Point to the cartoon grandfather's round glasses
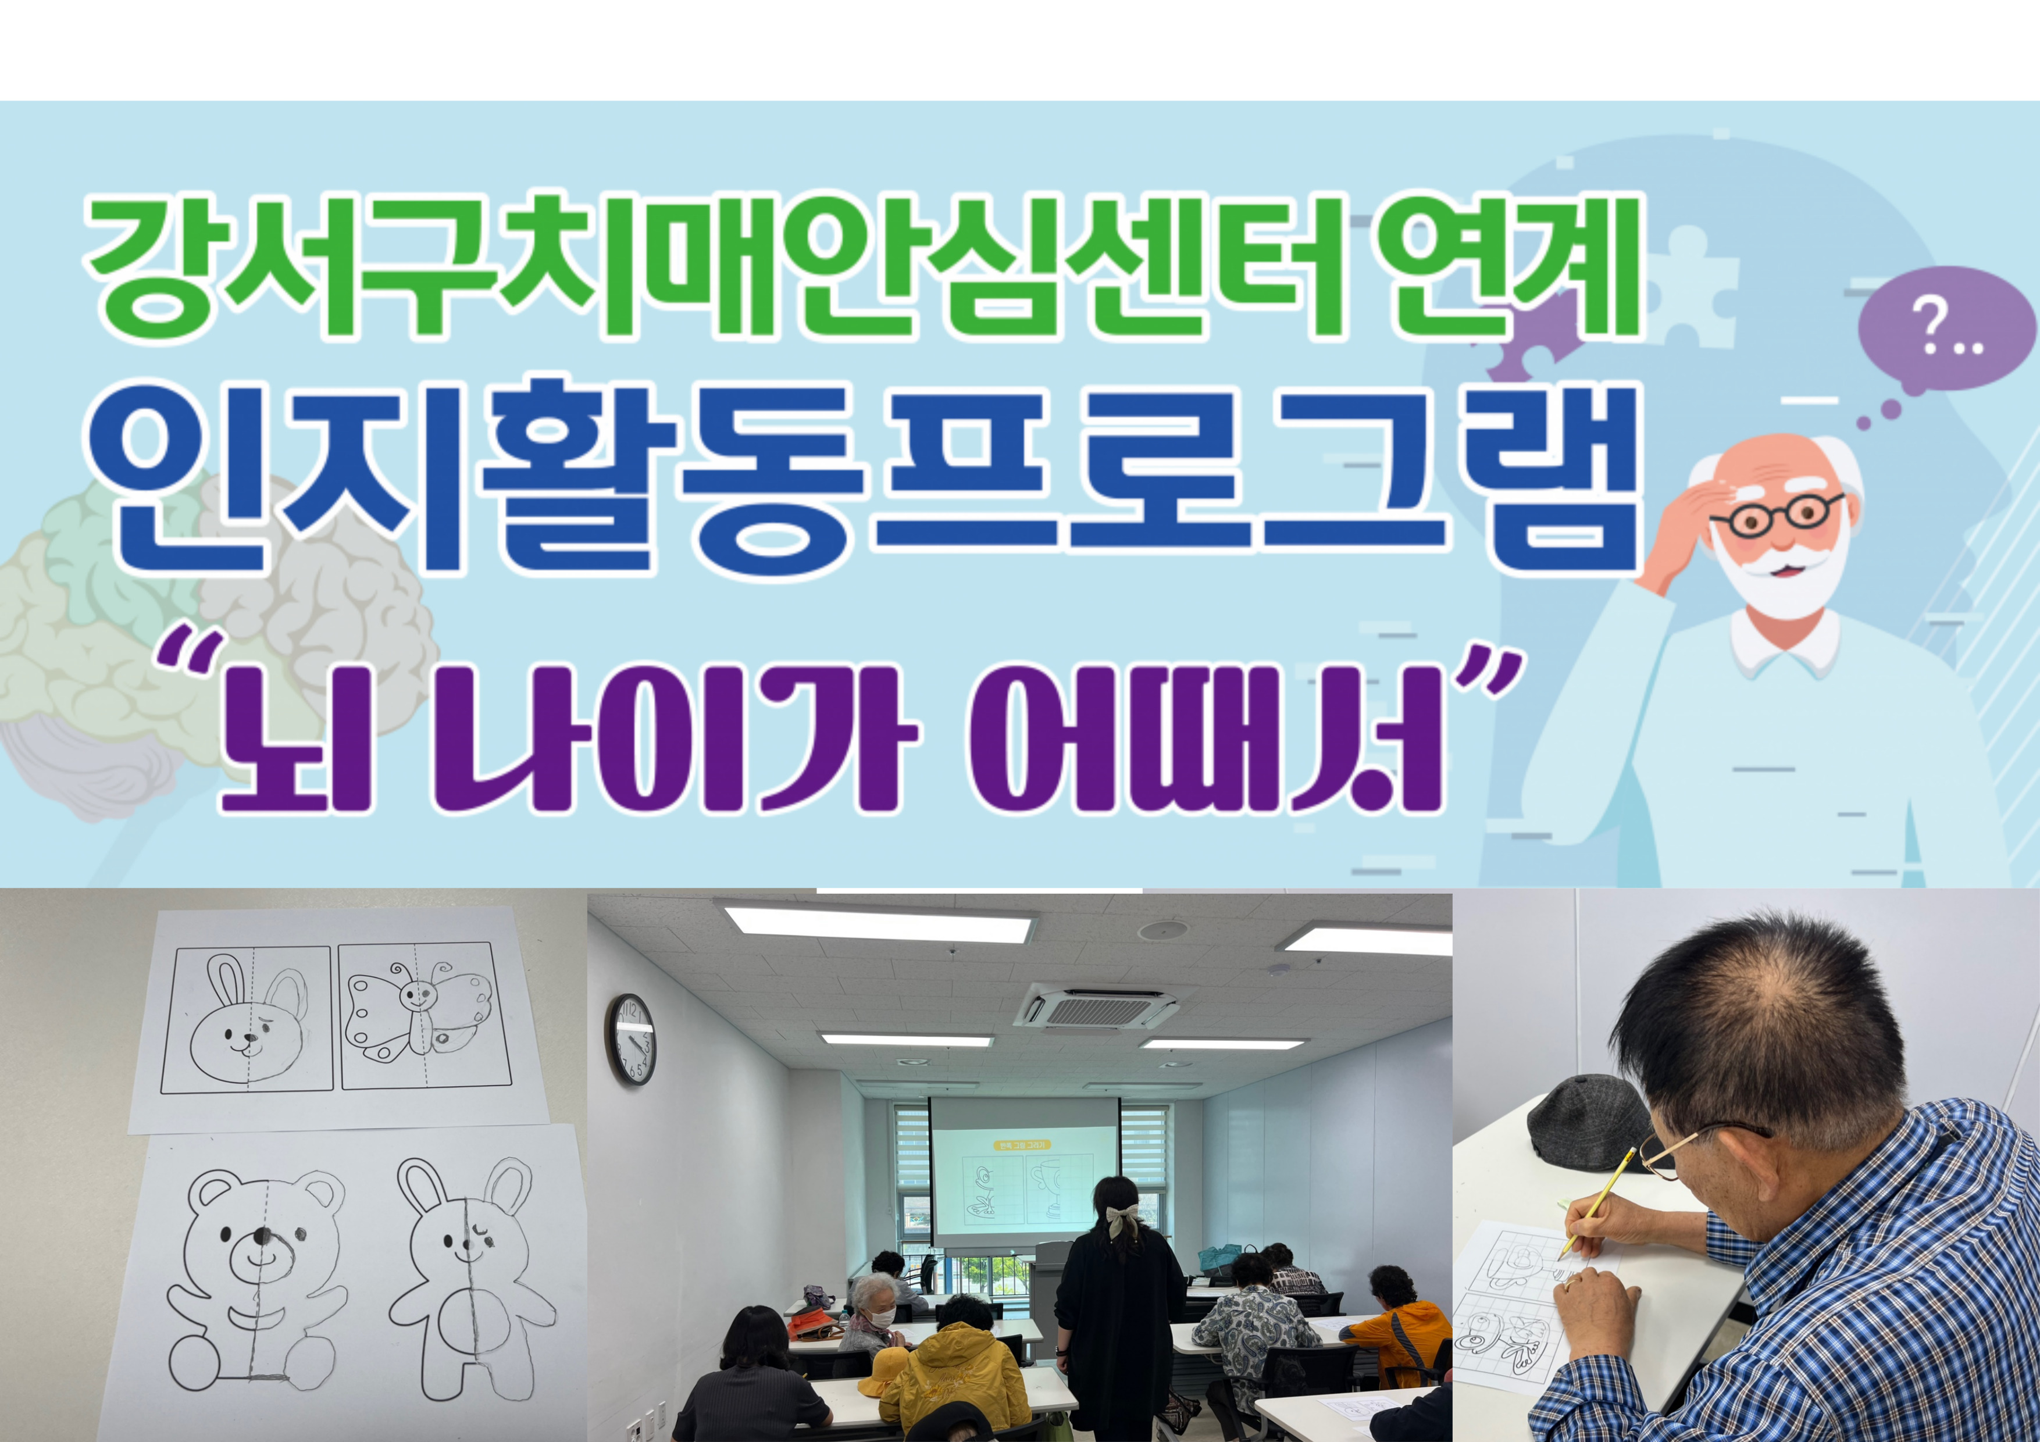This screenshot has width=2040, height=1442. click(x=1777, y=515)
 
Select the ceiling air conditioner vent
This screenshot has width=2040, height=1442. click(x=1097, y=1008)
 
